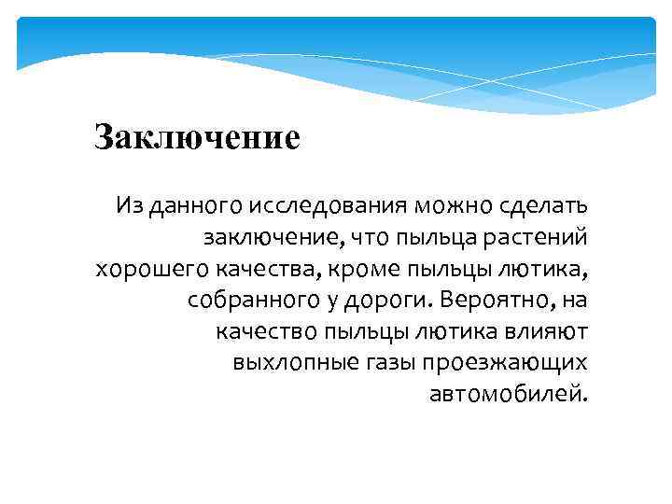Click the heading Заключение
coord(197,138)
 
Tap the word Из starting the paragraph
coord(129,204)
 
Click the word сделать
coord(538,204)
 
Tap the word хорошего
coord(151,269)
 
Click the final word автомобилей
coord(509,395)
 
